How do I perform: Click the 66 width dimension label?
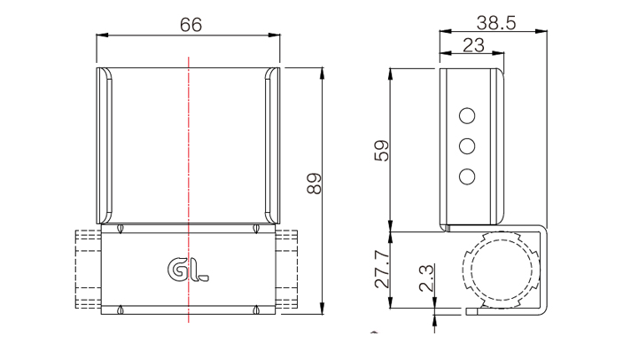point(191,25)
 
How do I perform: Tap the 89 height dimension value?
point(315,184)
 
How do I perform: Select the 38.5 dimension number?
point(496,23)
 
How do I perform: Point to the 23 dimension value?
point(473,45)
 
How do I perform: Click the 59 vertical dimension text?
point(381,151)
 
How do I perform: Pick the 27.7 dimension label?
point(382,270)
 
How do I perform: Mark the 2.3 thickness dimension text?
point(426,278)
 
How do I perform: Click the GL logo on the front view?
point(188,270)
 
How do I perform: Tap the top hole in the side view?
point(467,116)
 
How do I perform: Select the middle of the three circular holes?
point(467,146)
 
